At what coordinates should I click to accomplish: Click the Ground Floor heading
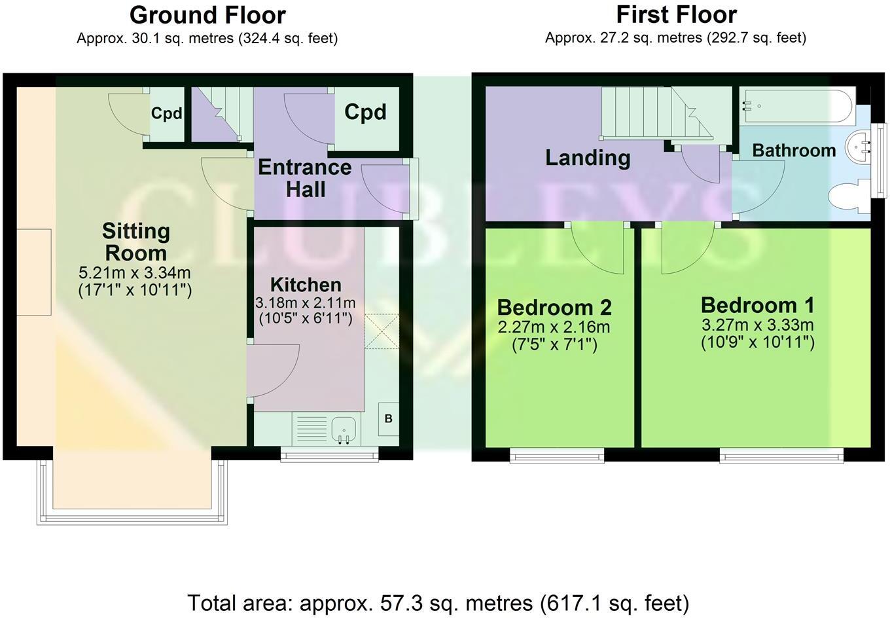[207, 16]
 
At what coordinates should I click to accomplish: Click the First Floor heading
[676, 15]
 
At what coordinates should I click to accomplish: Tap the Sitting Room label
[136, 242]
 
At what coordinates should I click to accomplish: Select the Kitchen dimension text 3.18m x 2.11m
[305, 303]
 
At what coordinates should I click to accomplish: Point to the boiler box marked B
[388, 419]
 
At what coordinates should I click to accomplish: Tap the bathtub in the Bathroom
[798, 106]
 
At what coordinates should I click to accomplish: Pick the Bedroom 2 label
[554, 307]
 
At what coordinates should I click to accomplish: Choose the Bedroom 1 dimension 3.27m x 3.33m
[757, 325]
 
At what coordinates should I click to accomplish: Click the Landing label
[588, 158]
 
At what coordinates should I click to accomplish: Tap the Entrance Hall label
[305, 178]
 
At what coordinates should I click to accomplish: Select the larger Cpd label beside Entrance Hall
[365, 112]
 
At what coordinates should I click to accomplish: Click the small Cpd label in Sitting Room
[166, 114]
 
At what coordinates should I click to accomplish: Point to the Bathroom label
[794, 151]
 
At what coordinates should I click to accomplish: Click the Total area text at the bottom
[438, 603]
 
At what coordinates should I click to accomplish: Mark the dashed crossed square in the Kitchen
[382, 331]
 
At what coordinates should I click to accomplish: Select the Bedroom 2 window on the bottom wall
[557, 456]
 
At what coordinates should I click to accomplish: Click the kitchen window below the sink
[329, 454]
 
